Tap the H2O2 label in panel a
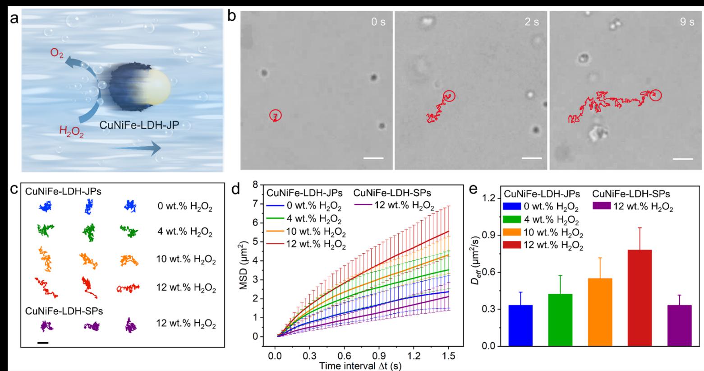pyautogui.click(x=71, y=132)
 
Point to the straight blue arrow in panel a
pyautogui.click(x=135, y=147)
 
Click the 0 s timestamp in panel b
pyautogui.click(x=378, y=22)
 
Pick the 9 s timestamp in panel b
pyautogui.click(x=687, y=22)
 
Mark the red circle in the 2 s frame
pyautogui.click(x=449, y=96)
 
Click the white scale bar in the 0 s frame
pyautogui.click(x=374, y=158)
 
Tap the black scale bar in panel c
pyautogui.click(x=43, y=343)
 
